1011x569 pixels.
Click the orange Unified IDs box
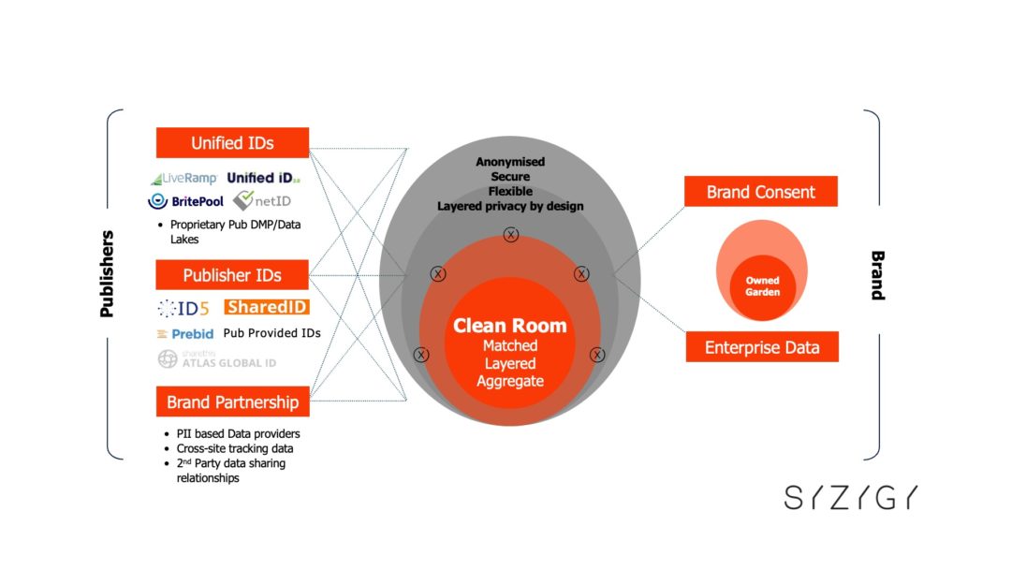[232, 143]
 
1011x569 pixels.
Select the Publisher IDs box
[232, 275]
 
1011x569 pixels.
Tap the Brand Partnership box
[232, 402]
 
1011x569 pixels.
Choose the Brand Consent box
[760, 192]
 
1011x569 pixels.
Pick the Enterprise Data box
[761, 347]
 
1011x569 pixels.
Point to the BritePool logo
[183, 200]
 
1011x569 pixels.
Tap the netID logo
[256, 200]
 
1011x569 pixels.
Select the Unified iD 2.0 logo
[263, 178]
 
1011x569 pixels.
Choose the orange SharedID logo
[267, 307]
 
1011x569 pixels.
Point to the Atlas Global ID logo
[216, 358]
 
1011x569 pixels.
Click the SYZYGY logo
[851, 498]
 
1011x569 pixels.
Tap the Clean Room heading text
[510, 326]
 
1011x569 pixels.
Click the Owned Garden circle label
[762, 286]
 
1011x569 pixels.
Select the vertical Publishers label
[107, 273]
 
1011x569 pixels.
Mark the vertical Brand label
[877, 274]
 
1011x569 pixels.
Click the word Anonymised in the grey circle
[510, 162]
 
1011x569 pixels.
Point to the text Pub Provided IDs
[271, 333]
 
